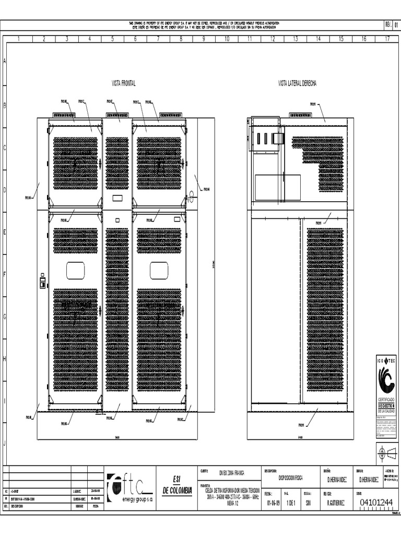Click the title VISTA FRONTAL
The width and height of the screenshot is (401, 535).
124,83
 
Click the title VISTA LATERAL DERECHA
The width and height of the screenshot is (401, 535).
297,83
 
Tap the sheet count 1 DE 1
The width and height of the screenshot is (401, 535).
292,503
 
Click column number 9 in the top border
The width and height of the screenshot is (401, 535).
204,39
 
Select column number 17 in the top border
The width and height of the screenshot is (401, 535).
387,39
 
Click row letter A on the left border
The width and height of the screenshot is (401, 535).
5,61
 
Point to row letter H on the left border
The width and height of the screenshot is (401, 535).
5,359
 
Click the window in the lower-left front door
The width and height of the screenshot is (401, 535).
75,270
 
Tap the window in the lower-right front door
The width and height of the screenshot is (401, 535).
159,270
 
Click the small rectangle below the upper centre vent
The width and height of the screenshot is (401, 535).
117,198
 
